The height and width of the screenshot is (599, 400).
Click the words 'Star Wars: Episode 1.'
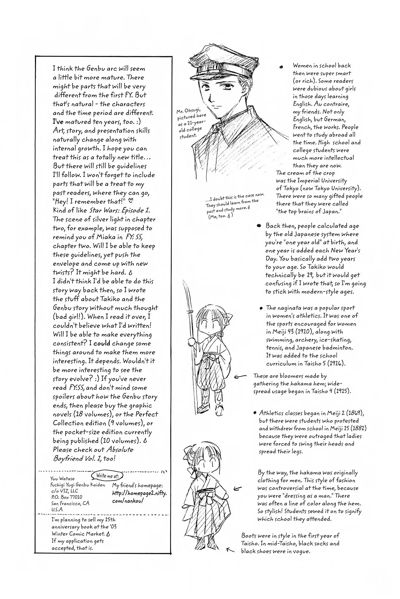pyautogui.click(x=119, y=210)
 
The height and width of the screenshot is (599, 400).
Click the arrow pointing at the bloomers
pyautogui.click(x=240, y=376)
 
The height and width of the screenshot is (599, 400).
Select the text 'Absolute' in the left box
pyautogui.click(x=120, y=450)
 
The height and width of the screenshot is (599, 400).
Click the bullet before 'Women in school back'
pyautogui.click(x=281, y=67)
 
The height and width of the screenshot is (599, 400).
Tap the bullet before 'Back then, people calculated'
pyautogui.click(x=258, y=226)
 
